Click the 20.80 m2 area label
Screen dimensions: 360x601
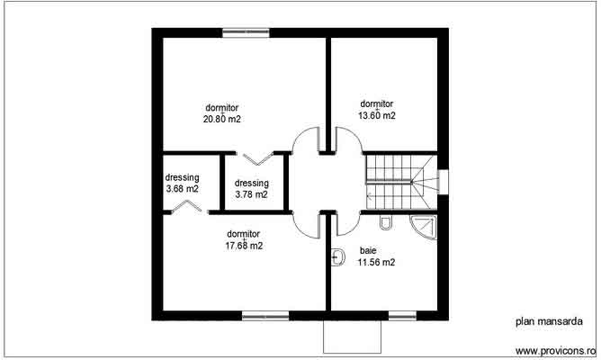click(x=221, y=118)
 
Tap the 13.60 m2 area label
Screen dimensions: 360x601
click(x=377, y=115)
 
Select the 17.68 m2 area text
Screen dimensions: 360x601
click(x=244, y=245)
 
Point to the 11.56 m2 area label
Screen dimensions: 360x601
click(x=377, y=263)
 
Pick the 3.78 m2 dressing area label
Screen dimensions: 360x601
click(x=251, y=193)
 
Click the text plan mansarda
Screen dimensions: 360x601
click(x=548, y=319)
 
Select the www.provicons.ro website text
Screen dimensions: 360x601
click(x=555, y=350)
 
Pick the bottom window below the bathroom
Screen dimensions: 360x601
click(x=401, y=315)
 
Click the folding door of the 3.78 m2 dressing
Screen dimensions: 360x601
click(x=257, y=159)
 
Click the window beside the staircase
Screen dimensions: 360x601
click(x=441, y=181)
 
